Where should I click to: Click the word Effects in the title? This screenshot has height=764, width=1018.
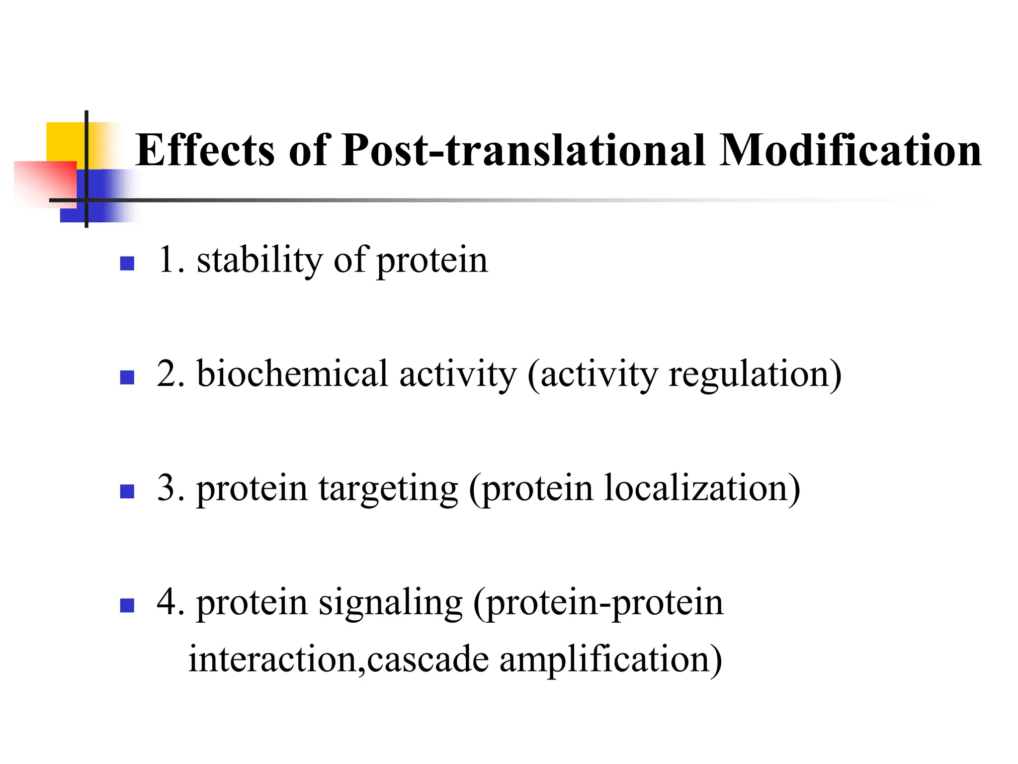[x=205, y=150]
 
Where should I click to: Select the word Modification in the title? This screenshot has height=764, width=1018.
[x=850, y=150]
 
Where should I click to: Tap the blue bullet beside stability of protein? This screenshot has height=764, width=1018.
[x=127, y=263]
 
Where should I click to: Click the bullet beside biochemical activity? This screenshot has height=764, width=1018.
[x=127, y=378]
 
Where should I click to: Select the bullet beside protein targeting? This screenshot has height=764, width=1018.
[x=127, y=491]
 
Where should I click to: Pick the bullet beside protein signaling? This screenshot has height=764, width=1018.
[x=127, y=605]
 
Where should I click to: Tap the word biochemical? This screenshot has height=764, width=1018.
[x=292, y=374]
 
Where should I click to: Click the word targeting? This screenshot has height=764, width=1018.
[x=388, y=488]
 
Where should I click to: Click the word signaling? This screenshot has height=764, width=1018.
[x=390, y=603]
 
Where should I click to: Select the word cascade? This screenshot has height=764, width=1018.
[x=428, y=659]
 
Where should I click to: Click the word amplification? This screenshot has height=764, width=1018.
[x=610, y=659]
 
